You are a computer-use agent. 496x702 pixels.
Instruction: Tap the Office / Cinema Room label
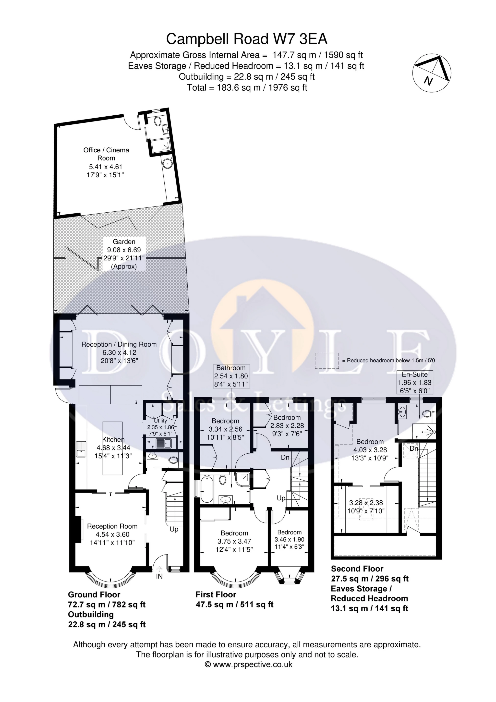(x=106, y=154)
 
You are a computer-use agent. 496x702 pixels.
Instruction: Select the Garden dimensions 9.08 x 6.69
(x=124, y=250)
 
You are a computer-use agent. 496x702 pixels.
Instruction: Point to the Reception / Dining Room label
(x=119, y=344)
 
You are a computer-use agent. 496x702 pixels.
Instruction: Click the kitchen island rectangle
(x=112, y=448)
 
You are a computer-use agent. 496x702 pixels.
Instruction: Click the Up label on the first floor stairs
(x=281, y=498)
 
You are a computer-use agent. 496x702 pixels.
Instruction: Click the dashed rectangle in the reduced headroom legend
(x=327, y=361)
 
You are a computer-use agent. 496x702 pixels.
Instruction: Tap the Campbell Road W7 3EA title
(x=246, y=39)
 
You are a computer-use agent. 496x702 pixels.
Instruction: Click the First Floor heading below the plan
(x=216, y=595)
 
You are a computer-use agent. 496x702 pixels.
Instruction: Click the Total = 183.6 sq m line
(x=247, y=88)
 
